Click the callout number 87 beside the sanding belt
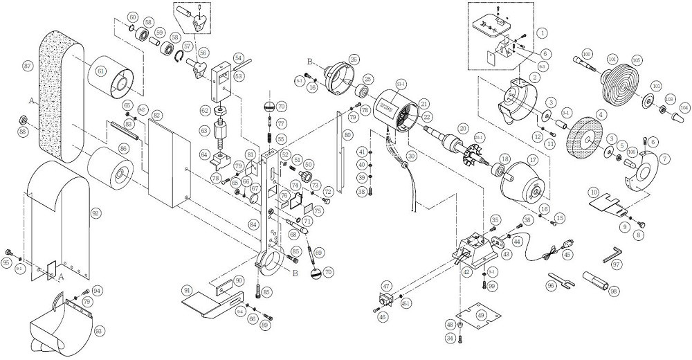coord(28,66)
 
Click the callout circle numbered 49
coord(482,317)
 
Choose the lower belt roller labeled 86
coord(110,170)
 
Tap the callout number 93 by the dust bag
coord(99,331)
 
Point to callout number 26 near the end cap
coord(353,59)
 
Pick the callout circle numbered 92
coord(96,214)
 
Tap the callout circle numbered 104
coord(684,108)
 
